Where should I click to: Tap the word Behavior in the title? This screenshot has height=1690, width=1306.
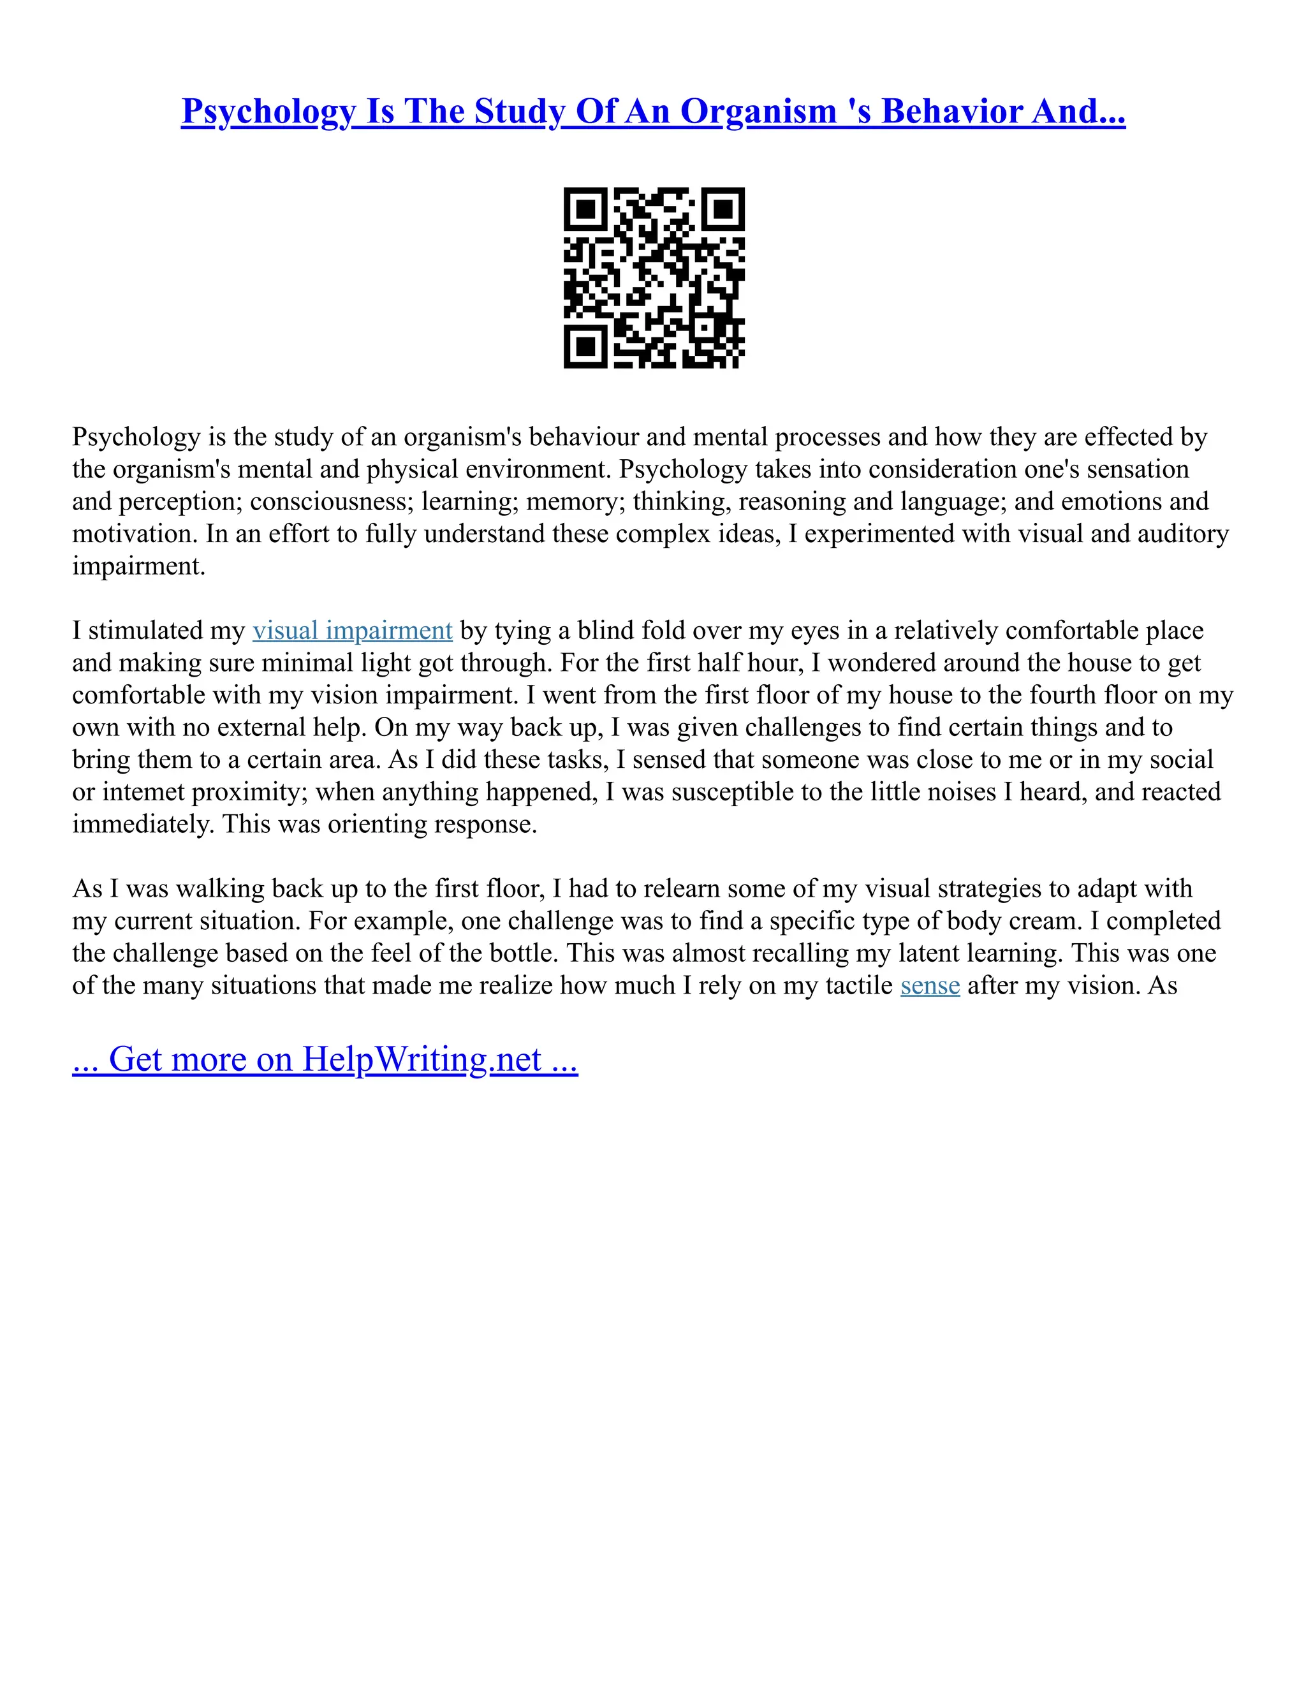(951, 112)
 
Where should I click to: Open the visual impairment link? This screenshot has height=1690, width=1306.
(352, 631)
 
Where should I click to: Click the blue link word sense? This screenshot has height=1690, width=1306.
(930, 986)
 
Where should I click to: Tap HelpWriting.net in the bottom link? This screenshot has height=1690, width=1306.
(422, 1059)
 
